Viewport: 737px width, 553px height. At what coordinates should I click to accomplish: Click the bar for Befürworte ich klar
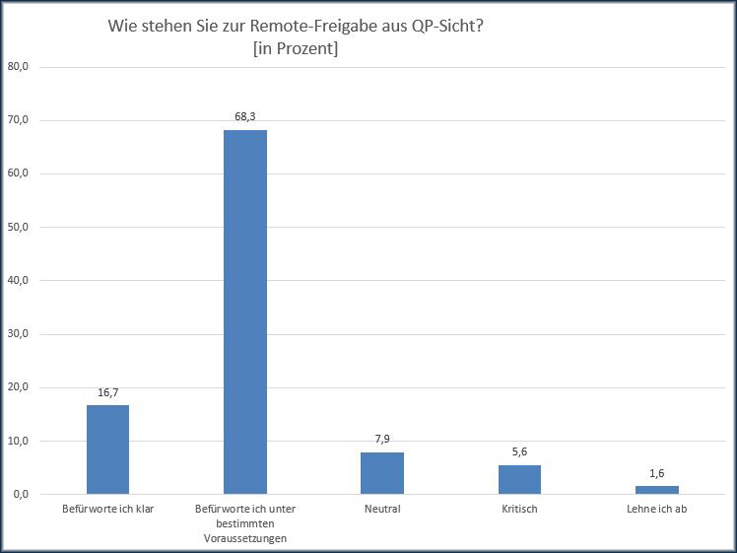pos(107,449)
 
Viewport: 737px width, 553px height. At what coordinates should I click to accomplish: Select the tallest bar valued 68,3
pos(244,311)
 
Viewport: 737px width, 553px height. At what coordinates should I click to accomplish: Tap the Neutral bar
pos(381,473)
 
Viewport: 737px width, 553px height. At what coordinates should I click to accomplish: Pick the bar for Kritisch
pos(519,479)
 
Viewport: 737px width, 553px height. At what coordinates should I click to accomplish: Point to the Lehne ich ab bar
pos(656,490)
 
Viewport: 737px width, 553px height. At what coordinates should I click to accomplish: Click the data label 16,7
pos(107,392)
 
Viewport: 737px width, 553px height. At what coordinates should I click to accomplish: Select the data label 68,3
pos(244,116)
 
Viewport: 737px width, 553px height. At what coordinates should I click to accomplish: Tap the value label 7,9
pos(381,439)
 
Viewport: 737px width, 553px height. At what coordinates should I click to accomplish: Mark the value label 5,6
pos(519,451)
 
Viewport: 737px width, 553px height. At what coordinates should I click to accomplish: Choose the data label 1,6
pos(656,473)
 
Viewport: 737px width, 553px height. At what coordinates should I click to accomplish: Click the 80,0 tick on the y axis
pos(19,67)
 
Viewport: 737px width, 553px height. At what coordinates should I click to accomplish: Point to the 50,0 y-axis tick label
pos(19,227)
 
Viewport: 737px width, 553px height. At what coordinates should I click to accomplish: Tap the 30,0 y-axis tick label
pos(19,334)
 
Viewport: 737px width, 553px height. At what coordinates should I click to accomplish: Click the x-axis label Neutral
pos(381,510)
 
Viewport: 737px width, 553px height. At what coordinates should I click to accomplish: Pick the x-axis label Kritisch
pos(519,510)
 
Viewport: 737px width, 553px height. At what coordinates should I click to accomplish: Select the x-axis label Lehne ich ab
pos(656,510)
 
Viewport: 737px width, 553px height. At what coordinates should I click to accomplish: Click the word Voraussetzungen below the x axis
pos(244,537)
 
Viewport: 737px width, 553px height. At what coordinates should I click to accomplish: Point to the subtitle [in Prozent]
pos(295,49)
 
